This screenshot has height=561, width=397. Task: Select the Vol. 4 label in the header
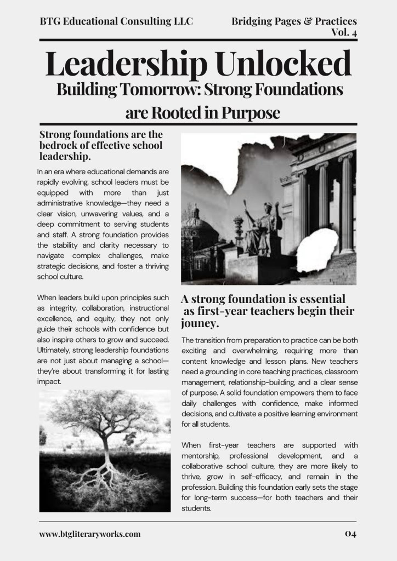(344, 32)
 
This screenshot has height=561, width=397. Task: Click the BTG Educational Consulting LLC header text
(116, 21)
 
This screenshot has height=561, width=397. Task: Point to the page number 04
(350, 534)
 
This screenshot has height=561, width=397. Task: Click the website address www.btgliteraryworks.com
(90, 534)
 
